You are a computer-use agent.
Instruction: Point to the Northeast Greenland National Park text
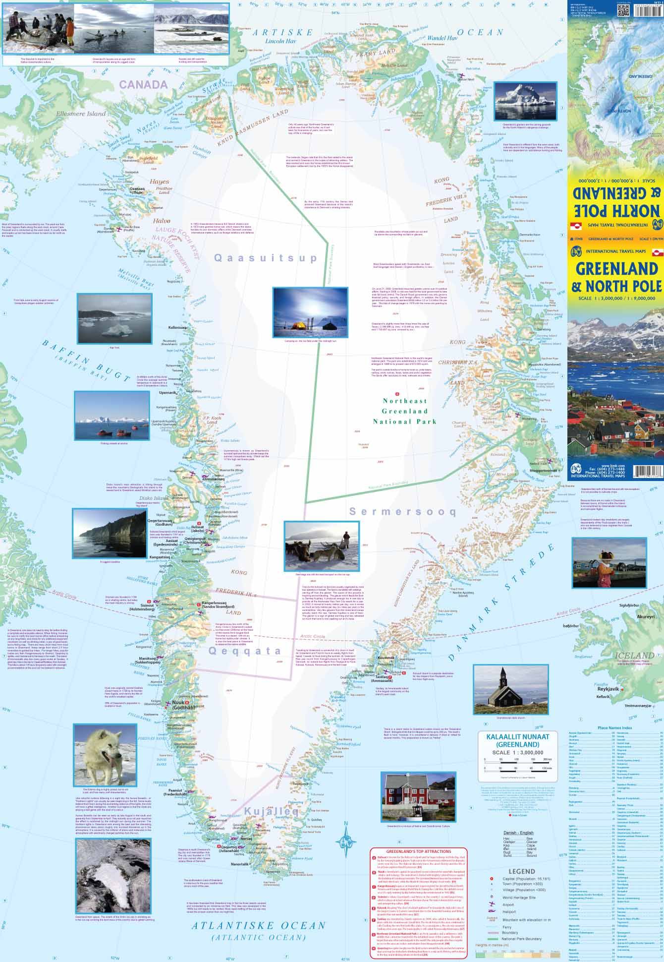coord(405,411)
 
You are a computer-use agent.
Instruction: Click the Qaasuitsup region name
coord(266,258)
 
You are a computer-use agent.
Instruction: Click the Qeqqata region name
coord(238,651)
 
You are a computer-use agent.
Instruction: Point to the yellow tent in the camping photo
coord(299,326)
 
